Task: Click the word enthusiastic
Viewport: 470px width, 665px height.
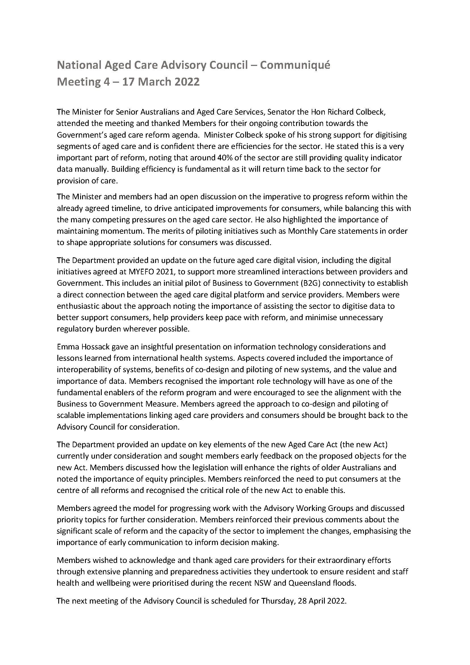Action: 79,306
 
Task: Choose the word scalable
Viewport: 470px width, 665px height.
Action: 72,415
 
